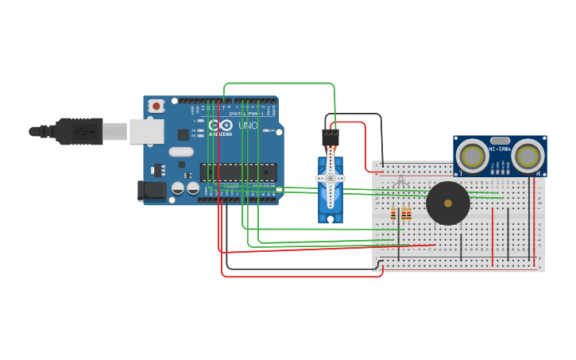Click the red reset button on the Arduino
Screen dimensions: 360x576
point(157,106)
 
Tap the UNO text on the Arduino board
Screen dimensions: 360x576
point(248,126)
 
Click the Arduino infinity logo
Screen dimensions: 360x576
point(221,126)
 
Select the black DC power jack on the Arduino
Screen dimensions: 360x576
point(152,191)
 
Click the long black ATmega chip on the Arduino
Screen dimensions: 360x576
point(238,172)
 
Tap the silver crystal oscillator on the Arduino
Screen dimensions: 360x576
point(181,152)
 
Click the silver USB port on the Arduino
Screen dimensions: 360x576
point(146,131)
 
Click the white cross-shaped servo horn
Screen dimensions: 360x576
point(331,179)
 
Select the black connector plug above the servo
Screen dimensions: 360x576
point(331,137)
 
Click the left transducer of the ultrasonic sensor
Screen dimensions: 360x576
point(473,157)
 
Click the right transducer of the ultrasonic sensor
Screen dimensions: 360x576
point(528,157)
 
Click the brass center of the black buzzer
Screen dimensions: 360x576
point(448,203)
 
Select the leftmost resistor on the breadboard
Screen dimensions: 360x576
point(392,213)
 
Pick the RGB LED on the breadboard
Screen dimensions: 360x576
point(400,183)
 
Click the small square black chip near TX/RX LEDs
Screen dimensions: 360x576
point(184,134)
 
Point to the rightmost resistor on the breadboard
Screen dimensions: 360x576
point(408,213)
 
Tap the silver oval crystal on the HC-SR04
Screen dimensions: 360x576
point(500,141)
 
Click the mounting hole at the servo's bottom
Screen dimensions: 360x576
point(331,218)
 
